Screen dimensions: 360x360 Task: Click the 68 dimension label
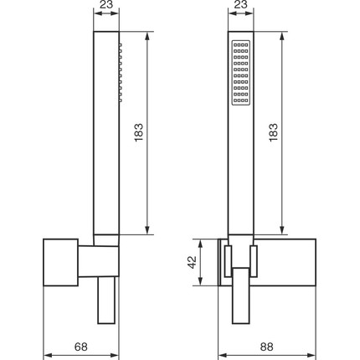(x=81, y=347)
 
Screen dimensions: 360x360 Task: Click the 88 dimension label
(x=266, y=347)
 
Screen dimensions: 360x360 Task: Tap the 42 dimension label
(x=192, y=262)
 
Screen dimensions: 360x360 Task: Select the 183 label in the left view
(x=139, y=132)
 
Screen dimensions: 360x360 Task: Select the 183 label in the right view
(x=274, y=132)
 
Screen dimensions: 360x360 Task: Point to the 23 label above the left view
(x=106, y=4)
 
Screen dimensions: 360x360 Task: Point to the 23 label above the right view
(x=240, y=4)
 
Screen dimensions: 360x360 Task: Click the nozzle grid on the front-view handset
(x=241, y=73)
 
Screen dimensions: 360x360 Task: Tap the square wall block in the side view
(x=60, y=262)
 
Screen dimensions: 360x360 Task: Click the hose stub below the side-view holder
(x=106, y=301)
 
